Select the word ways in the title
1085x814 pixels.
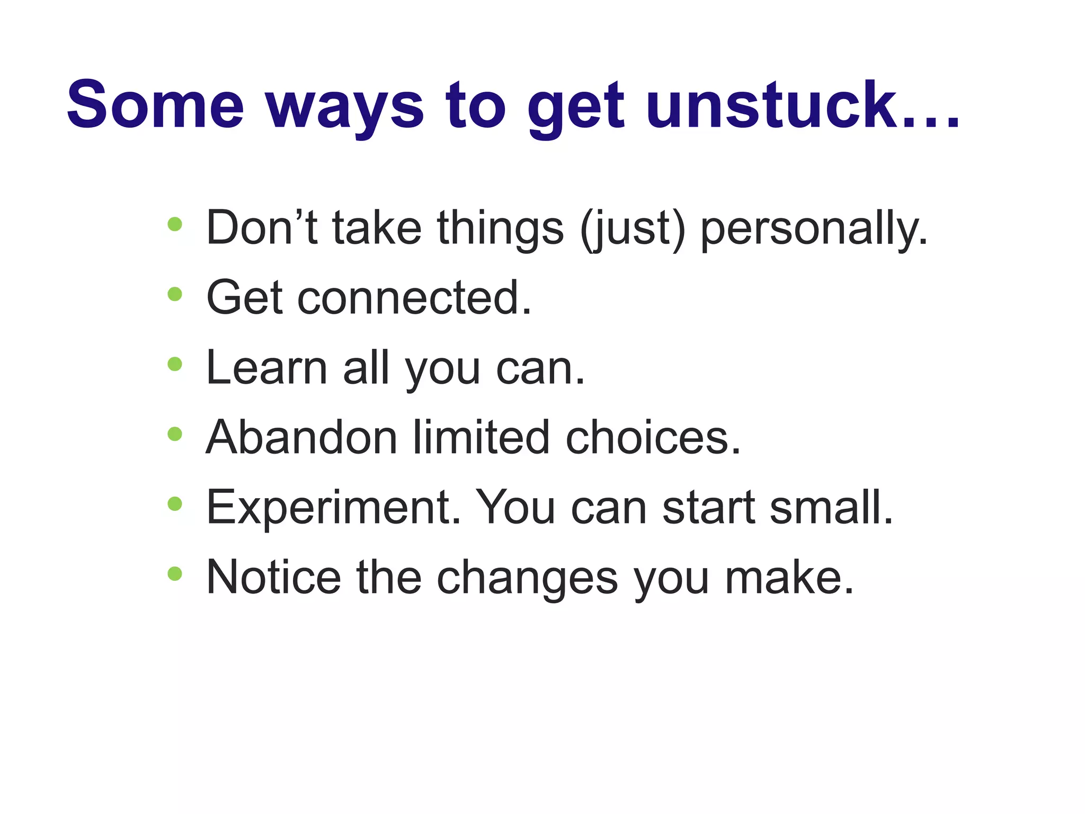345,109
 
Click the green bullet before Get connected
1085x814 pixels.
175,294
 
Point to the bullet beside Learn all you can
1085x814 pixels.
175,364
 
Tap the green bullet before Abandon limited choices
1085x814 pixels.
175,434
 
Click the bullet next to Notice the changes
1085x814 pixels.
175,573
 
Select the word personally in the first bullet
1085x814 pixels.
814,229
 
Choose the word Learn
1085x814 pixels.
266,368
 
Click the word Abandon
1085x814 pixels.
301,438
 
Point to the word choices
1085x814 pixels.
652,438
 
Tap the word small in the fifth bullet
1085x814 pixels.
830,508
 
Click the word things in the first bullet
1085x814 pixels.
500,229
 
